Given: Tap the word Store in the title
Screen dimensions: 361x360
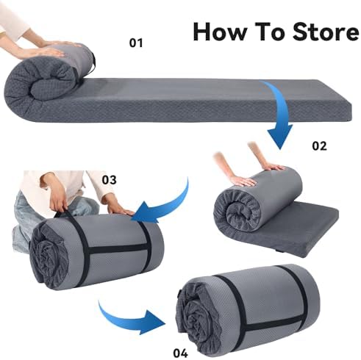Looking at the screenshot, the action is pos(326,31).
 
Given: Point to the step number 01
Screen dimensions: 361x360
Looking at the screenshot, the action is pos(136,43).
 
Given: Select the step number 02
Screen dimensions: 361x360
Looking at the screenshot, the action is pos(319,146).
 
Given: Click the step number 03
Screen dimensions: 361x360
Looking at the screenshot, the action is pos(109,180).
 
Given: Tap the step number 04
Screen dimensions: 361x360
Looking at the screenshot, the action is pos(181,353).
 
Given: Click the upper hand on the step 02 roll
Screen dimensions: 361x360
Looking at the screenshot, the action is pos(274,168).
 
